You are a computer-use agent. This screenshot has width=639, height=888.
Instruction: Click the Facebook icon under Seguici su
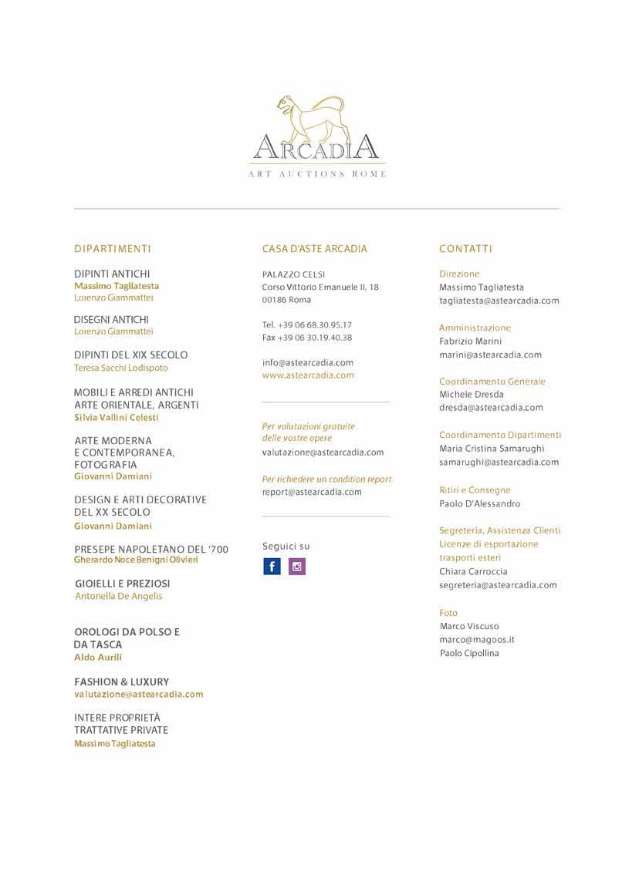click(x=272, y=567)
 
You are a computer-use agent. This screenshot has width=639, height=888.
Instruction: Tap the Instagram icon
click(x=297, y=567)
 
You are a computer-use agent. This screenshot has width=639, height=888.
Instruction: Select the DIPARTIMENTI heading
click(x=113, y=249)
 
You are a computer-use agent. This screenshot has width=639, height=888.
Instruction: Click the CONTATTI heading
click(x=465, y=249)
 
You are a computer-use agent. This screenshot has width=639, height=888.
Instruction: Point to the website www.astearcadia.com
click(x=308, y=375)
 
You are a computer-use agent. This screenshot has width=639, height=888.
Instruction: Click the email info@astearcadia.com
click(x=308, y=362)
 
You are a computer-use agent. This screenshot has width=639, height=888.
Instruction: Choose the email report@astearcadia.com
click(x=312, y=492)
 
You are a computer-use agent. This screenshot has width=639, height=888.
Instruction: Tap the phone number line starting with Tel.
click(x=307, y=325)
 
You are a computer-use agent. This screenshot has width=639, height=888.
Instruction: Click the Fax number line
click(x=307, y=338)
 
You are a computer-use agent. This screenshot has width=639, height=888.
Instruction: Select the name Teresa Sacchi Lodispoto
click(x=121, y=368)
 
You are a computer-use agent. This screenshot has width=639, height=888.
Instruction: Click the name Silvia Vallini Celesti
click(x=117, y=418)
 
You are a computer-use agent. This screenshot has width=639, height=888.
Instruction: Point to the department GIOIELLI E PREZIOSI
click(x=123, y=584)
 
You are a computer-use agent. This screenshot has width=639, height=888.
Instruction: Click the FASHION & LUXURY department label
click(x=121, y=682)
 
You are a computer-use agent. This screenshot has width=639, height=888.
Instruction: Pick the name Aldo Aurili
click(x=98, y=658)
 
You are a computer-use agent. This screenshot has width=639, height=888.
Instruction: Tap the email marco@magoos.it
click(x=477, y=640)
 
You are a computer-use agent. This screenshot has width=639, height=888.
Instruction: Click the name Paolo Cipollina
click(x=469, y=654)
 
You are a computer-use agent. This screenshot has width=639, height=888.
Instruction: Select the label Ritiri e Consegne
click(x=475, y=490)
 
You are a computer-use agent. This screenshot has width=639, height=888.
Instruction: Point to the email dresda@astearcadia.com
click(x=491, y=408)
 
